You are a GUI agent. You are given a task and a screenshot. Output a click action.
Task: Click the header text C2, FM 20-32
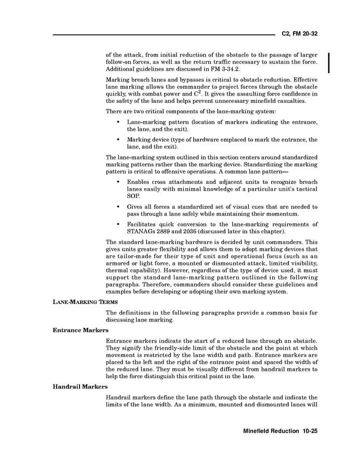click(299, 34)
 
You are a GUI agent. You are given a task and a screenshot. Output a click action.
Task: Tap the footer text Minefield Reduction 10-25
click(280, 431)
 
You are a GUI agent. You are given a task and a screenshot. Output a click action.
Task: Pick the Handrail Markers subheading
click(80, 387)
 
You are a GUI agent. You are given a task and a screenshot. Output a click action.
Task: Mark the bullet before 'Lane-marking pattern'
click(119, 122)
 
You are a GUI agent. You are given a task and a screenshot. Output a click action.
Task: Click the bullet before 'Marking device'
click(119, 140)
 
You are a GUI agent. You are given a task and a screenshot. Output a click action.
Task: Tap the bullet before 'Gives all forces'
click(119, 207)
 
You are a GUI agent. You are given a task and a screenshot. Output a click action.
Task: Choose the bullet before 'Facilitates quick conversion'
click(119, 224)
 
